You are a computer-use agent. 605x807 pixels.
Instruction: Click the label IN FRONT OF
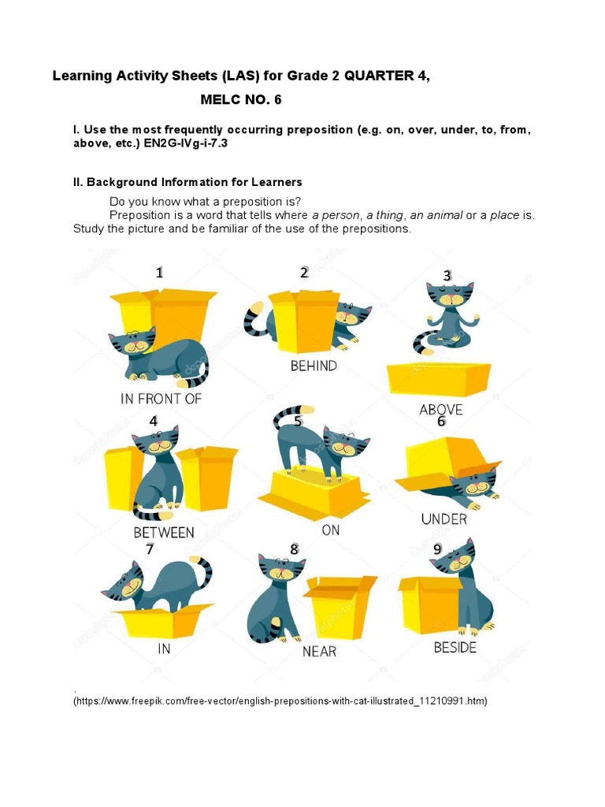coord(161,399)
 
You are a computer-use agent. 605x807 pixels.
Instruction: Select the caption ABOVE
coord(440,410)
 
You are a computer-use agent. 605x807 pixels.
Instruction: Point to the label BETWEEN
coord(163,533)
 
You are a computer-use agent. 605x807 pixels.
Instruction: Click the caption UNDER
coord(444,519)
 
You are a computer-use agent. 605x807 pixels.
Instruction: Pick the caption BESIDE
coord(455,648)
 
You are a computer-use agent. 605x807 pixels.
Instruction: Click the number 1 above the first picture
coord(159,273)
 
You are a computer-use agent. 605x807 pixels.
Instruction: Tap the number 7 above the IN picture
coord(150,549)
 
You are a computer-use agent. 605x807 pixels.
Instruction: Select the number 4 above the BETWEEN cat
coord(154,422)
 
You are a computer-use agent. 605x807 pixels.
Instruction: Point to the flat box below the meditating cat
coord(438,378)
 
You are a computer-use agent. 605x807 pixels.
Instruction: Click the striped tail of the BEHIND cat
coord(256,319)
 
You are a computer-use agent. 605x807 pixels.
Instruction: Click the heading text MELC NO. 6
coord(241,100)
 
